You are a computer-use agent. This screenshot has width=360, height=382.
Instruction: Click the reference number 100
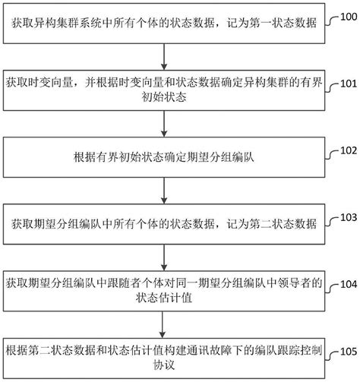(x=349, y=17)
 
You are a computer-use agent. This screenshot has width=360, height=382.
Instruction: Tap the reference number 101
(x=349, y=84)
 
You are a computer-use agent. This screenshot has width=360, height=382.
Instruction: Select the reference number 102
(x=349, y=150)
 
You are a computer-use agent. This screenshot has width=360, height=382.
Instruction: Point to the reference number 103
(x=349, y=217)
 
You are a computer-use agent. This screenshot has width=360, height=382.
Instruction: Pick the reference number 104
(x=349, y=284)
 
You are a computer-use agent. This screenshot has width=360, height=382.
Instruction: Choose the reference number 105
(x=349, y=352)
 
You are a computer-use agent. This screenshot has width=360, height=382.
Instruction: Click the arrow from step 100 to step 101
(x=164, y=57)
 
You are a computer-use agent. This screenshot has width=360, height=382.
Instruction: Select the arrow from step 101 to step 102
(x=164, y=124)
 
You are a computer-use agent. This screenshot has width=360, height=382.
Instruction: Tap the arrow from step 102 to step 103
(x=164, y=191)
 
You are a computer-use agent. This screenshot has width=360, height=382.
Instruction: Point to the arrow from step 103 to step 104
(x=164, y=257)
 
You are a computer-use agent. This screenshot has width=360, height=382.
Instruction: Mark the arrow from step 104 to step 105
(x=163, y=324)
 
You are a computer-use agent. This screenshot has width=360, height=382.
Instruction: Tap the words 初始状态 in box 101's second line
(x=164, y=97)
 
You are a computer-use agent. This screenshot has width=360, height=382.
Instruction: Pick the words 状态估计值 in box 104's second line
(x=164, y=298)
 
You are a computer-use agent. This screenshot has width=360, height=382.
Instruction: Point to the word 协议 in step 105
(x=164, y=365)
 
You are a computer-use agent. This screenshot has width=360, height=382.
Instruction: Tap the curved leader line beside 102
(x=332, y=155)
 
